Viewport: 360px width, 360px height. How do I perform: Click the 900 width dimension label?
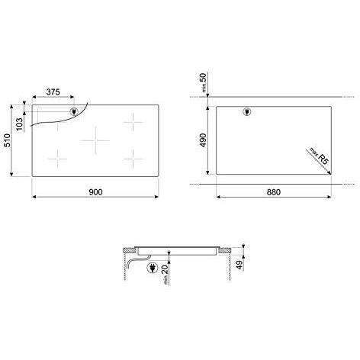coord(95,192)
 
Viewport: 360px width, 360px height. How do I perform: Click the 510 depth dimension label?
coord(8,140)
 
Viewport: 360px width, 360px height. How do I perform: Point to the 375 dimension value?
coord(53,92)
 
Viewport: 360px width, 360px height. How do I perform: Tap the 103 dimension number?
coord(19,124)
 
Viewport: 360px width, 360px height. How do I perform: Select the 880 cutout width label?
coord(274,192)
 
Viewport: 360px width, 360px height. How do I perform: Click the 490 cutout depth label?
coord(203,140)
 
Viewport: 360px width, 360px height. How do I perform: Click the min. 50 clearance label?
coord(204,82)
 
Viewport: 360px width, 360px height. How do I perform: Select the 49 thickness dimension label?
coord(239,265)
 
